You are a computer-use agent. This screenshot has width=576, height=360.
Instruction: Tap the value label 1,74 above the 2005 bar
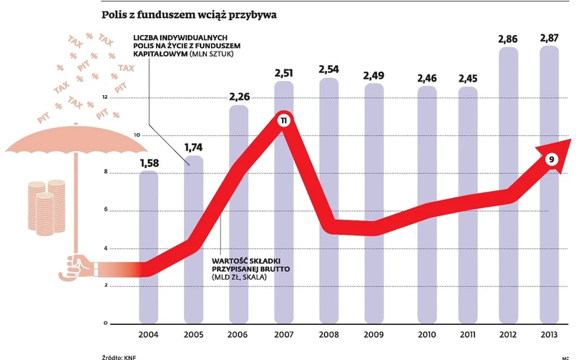pos(193,147)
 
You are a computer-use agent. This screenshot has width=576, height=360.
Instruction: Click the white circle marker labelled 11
pos(283,122)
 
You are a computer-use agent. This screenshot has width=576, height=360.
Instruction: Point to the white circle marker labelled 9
pos(551,160)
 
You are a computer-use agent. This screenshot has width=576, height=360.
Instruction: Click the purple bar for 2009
pos(374,272)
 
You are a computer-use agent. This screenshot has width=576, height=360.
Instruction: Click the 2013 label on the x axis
pos(552,335)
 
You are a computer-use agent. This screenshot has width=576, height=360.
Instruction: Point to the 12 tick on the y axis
pos(105,97)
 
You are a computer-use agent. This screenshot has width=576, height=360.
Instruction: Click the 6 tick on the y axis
pos(105,210)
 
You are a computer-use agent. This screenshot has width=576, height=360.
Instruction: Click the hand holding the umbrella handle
pos(75,266)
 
